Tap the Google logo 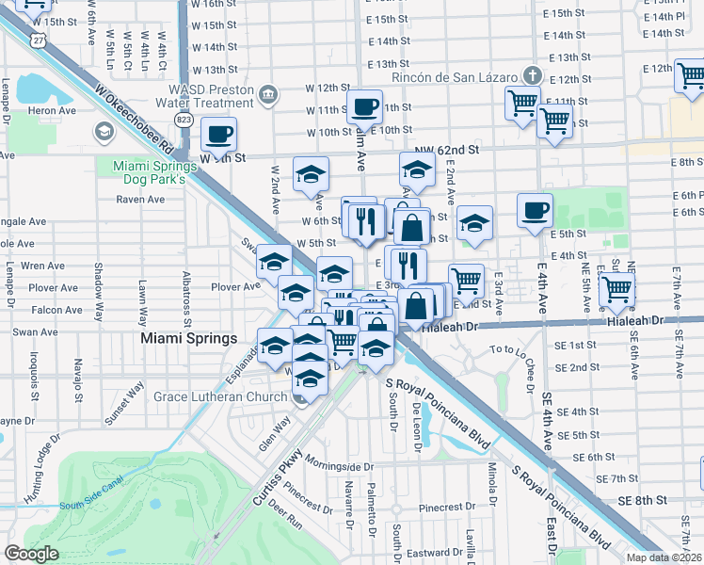pyautogui.click(x=31, y=554)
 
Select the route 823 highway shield pyautogui.click(x=184, y=120)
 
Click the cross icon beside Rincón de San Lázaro pyautogui.click(x=532, y=75)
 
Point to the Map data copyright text pyautogui.click(x=664, y=557)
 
